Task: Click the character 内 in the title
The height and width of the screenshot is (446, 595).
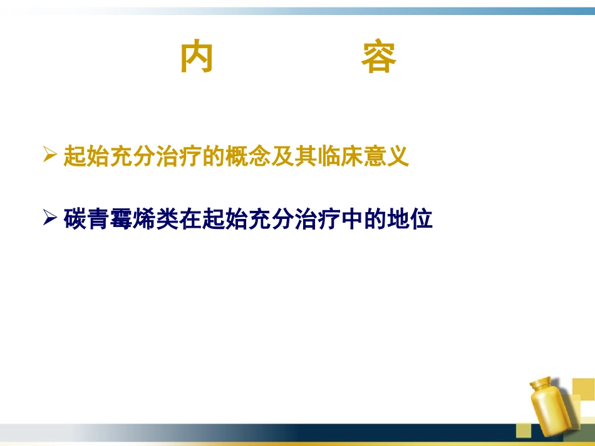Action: [197, 58]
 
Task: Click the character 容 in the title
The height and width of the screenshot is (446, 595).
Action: [378, 58]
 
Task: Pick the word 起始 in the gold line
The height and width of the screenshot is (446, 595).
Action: [86, 156]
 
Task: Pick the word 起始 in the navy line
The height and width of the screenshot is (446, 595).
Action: [225, 220]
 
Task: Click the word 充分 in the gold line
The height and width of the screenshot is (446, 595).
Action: [133, 156]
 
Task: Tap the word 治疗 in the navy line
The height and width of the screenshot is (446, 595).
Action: [317, 220]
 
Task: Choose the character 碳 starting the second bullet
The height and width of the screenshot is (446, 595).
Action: [75, 220]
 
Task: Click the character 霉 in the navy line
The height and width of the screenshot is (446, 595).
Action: [122, 220]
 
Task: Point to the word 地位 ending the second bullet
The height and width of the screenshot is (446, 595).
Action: [410, 220]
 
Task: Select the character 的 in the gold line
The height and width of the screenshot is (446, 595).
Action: [214, 156]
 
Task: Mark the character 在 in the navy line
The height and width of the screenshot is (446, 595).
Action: [190, 220]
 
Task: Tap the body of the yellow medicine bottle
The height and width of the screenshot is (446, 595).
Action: [551, 413]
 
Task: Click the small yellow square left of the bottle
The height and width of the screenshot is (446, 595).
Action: [523, 430]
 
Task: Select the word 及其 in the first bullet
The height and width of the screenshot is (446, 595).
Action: [306, 156]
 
